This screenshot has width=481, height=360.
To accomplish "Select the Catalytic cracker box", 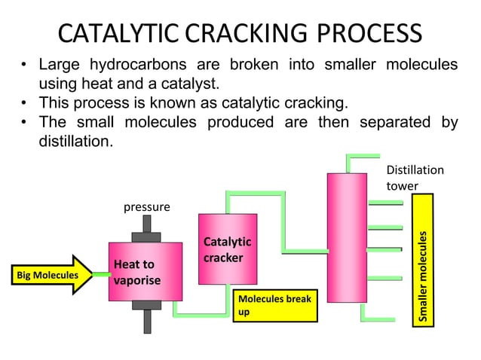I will coord(227,249).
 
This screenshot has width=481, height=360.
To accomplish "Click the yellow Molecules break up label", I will coord(272,306).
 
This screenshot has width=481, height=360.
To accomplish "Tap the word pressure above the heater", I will coord(147,206).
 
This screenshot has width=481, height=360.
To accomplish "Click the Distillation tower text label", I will coord(415,178).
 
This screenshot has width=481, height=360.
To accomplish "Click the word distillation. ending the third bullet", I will coord(75,141).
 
